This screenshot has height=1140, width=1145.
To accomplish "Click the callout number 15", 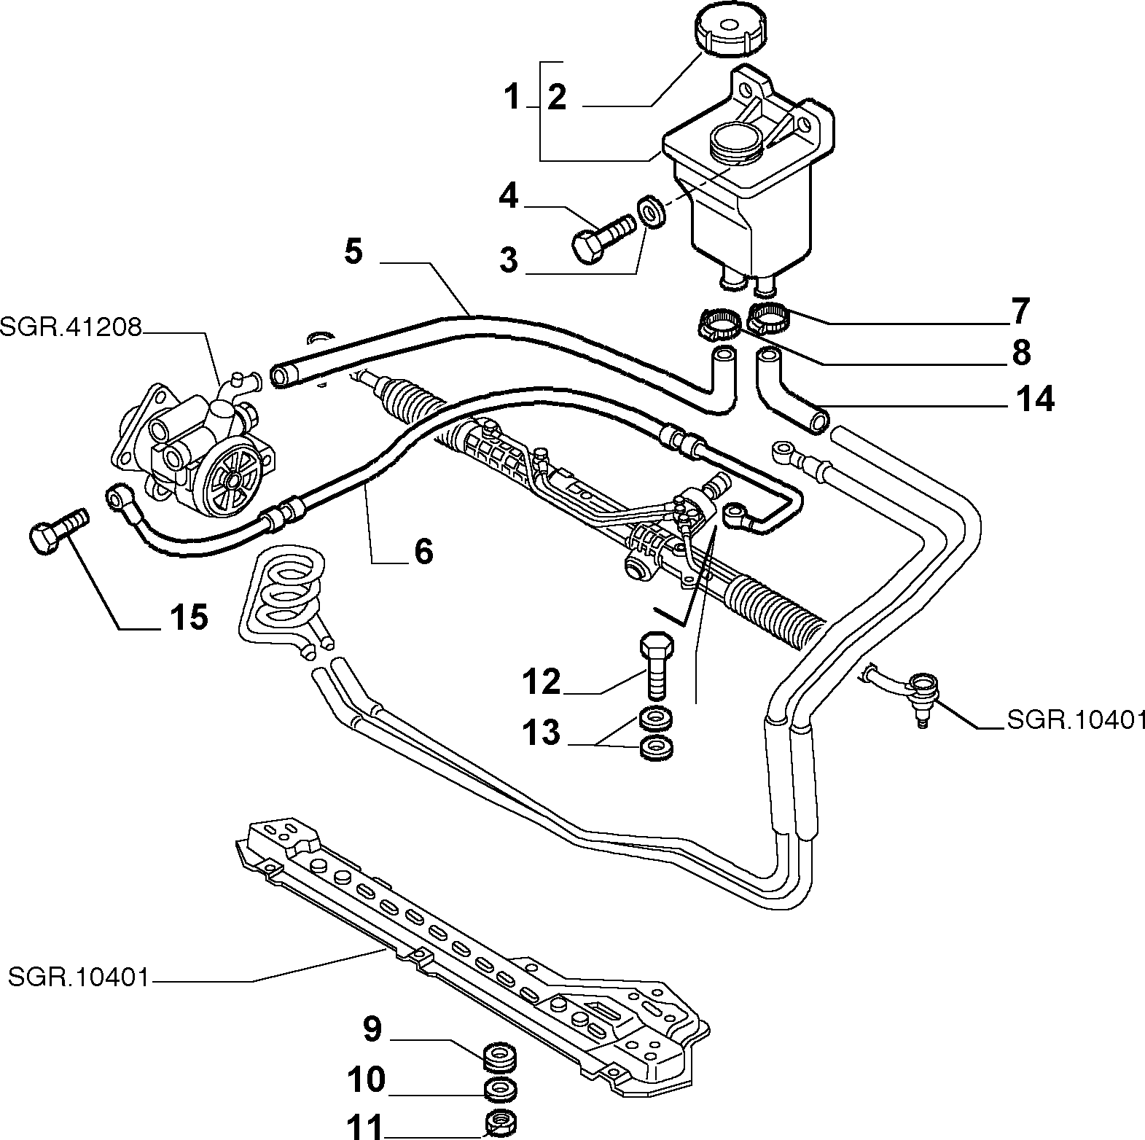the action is pyautogui.click(x=189, y=617).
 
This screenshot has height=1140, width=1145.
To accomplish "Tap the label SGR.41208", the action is pyautogui.click(x=70, y=327).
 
